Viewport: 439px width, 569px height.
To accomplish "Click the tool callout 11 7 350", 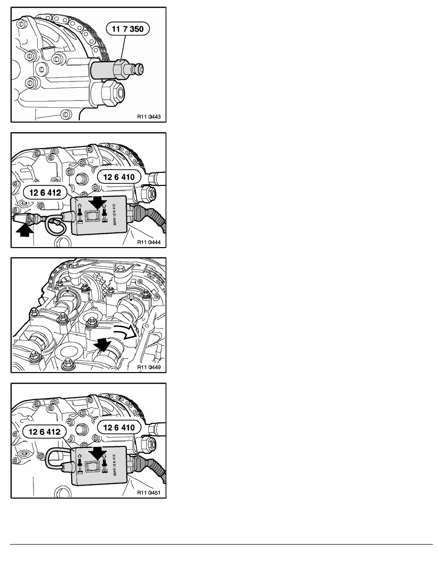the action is pos(128,29).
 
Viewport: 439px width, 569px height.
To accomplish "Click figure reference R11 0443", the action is pos(149,117).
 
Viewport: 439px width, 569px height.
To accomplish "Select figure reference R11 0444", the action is pos(149,242).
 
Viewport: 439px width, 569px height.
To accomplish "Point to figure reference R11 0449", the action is pos(149,367).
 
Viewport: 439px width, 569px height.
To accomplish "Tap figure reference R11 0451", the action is pos(149,493).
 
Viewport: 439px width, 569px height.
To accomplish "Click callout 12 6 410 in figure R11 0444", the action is pos(119,177).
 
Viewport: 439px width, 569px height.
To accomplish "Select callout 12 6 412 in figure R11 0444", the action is pos(45,193).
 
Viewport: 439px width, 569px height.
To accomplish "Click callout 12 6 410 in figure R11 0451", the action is pos(119,428).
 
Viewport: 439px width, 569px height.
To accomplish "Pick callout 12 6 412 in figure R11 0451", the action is pos(44,432).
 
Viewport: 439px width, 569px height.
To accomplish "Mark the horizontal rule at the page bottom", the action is pos(221,544).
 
